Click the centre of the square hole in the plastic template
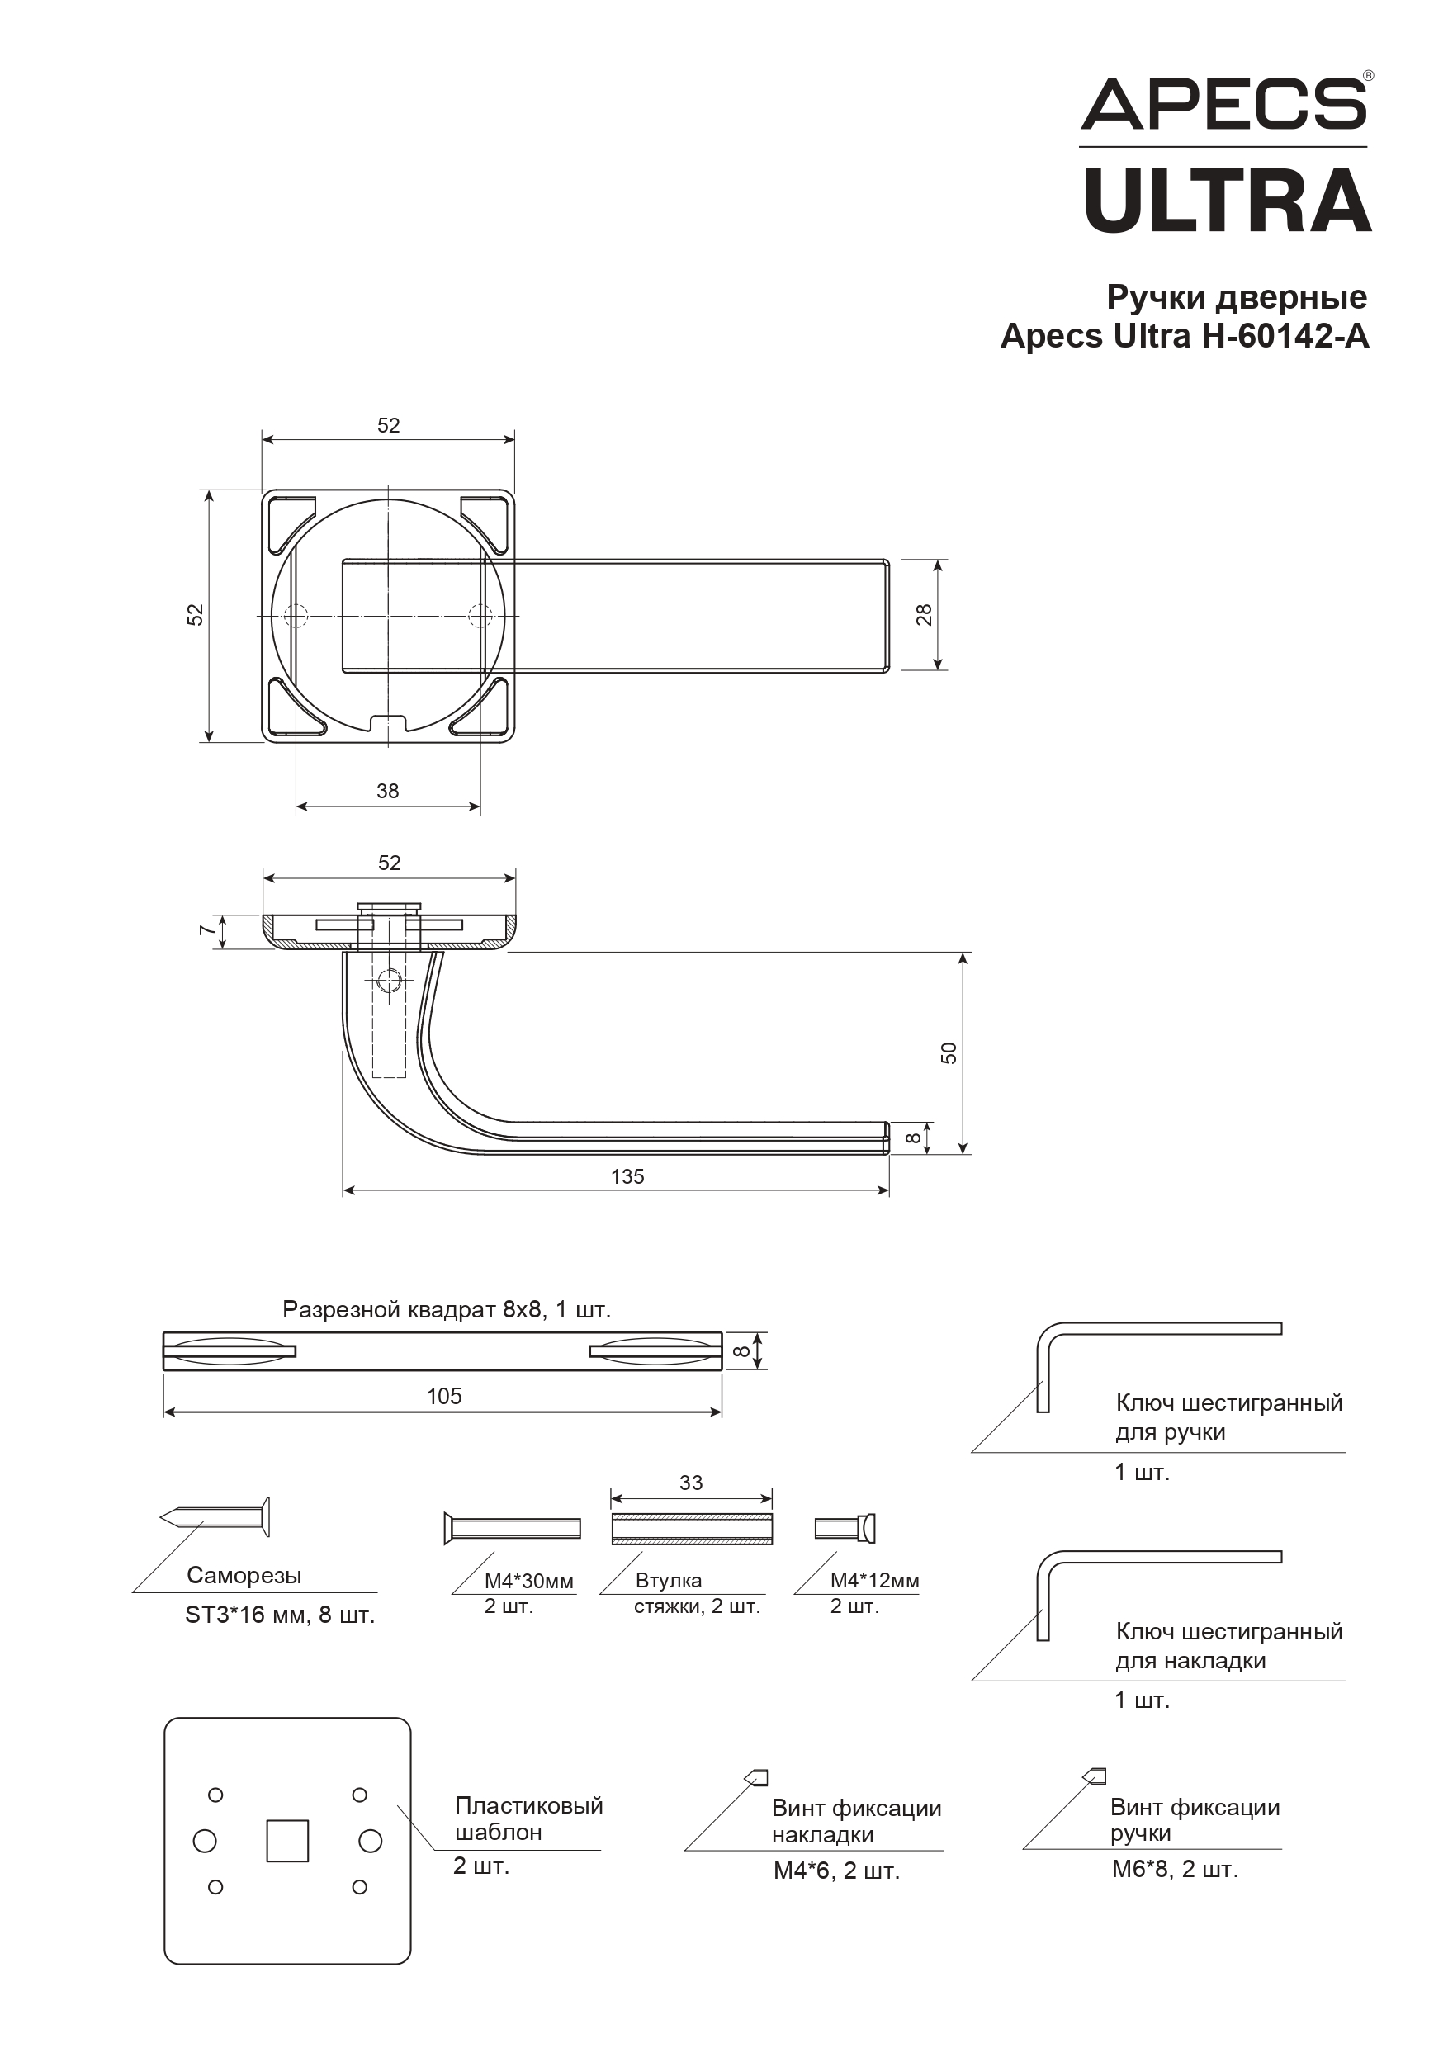pyautogui.click(x=287, y=1841)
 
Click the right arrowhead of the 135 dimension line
pyautogui.click(x=883, y=1190)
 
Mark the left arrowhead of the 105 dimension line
pyautogui.click(x=169, y=1412)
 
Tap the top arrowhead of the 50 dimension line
pyautogui.click(x=962, y=959)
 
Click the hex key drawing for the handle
pyautogui.click(x=1159, y=1366)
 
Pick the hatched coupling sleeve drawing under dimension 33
pyautogui.click(x=692, y=1528)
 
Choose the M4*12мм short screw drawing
pyautogui.click(x=845, y=1528)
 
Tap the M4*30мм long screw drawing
pyautogui.click(x=512, y=1528)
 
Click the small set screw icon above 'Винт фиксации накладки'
pyautogui.click(x=756, y=1778)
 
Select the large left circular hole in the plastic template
pyautogui.click(x=204, y=1841)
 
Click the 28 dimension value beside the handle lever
pyautogui.click(x=925, y=615)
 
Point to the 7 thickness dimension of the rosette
pyautogui.click(x=207, y=930)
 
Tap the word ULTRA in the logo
pyautogui.click(x=1228, y=200)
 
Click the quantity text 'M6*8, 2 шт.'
pyautogui.click(x=1175, y=1869)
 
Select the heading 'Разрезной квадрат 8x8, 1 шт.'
pyautogui.click(x=446, y=1309)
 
